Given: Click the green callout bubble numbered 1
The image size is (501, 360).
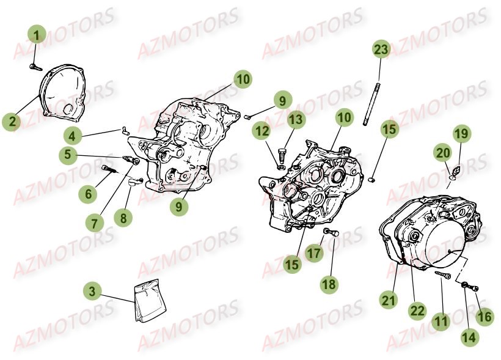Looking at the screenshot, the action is (37, 35).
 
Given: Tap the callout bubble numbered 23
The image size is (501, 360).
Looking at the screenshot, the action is (381, 50).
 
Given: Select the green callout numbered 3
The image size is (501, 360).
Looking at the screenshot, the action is (92, 292).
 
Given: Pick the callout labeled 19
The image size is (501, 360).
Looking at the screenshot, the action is (461, 134).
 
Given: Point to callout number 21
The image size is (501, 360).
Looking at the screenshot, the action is (389, 300).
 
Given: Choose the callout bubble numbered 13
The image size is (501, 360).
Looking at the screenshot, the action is (296, 120).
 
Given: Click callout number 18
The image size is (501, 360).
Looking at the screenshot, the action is (329, 284).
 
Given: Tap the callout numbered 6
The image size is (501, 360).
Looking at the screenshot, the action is (89, 193).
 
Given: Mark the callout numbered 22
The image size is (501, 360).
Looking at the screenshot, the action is (417, 310).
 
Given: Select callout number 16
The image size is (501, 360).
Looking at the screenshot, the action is (485, 317).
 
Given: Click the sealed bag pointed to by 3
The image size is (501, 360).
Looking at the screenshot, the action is (150, 301).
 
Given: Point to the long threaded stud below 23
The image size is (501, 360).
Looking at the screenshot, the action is (371, 104).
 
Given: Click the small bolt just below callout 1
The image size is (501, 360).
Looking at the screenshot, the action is (36, 67).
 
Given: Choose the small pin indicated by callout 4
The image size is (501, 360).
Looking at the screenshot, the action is (125, 130).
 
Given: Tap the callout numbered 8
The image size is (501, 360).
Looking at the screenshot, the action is (123, 218).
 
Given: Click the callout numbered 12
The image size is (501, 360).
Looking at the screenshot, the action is (262, 131).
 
